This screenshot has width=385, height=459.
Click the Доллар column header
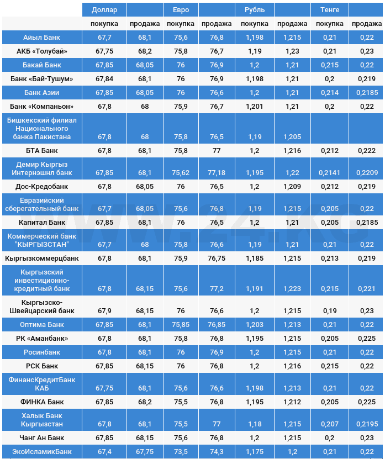(104, 9)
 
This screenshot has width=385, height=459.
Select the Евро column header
(180, 9)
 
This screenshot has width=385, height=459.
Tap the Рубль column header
(254, 9)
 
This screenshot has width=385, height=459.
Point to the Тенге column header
(329, 9)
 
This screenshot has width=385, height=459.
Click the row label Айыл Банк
(42, 37)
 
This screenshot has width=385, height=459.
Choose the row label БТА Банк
(42, 150)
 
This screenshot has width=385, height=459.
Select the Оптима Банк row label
(42, 324)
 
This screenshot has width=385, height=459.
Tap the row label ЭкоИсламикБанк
(42, 452)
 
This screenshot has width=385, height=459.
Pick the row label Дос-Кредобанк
(42, 187)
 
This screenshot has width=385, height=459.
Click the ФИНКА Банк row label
(42, 402)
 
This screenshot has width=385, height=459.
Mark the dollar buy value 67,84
(104, 78)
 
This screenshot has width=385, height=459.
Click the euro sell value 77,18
(217, 173)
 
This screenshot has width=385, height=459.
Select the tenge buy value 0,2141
(329, 173)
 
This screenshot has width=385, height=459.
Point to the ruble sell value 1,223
(292, 289)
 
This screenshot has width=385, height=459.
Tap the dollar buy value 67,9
(104, 311)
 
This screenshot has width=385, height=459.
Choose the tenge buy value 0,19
(329, 311)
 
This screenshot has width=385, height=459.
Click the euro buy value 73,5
(180, 452)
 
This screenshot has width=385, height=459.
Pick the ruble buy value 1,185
(254, 258)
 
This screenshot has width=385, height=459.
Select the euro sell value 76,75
(217, 258)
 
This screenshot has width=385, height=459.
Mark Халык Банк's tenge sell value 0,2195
(366, 424)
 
